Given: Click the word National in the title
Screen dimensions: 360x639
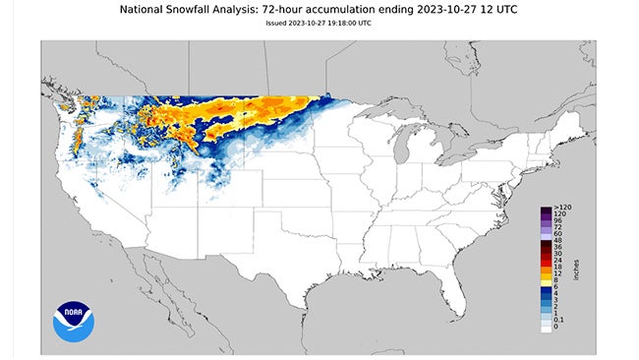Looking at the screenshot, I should pyautogui.click(x=148, y=9).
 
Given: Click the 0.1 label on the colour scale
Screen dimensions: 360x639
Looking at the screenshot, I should pyautogui.click(x=559, y=320).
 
